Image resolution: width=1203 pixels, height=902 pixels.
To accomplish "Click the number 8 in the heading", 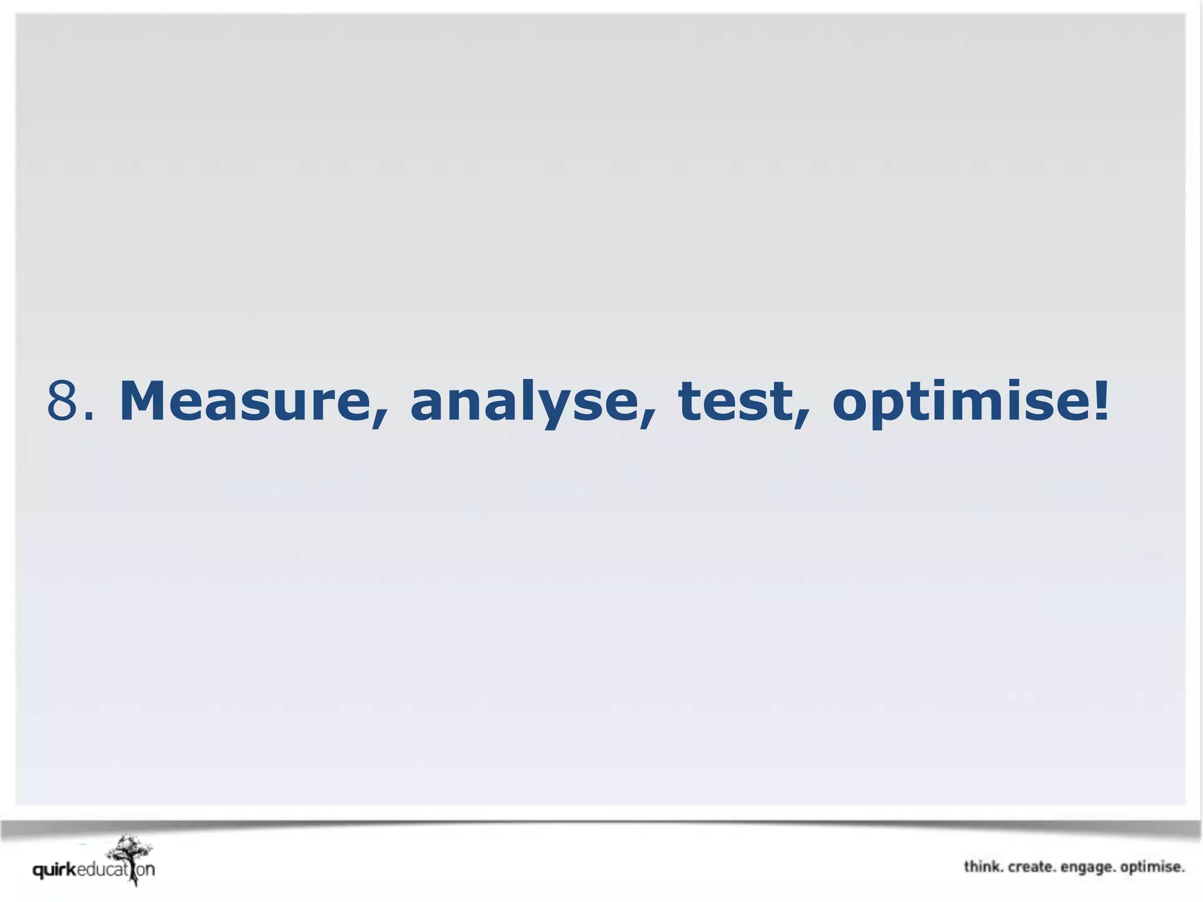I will pyautogui.click(x=62, y=402).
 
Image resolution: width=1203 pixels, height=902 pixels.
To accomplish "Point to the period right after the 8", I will pyautogui.click(x=89, y=416).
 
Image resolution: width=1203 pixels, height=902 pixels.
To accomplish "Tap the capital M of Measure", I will pyautogui.click(x=146, y=402).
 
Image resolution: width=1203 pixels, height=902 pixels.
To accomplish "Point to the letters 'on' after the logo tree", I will pyautogui.click(x=146, y=870).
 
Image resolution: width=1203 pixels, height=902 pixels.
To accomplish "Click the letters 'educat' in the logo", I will pyautogui.click(x=101, y=870).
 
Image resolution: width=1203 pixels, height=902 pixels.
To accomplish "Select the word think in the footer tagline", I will pyautogui.click(x=983, y=867).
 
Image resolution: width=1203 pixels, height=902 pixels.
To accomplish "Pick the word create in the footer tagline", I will pyautogui.click(x=1031, y=867).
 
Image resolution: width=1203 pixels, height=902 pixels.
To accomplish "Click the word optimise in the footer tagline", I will pyautogui.click(x=1151, y=867).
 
